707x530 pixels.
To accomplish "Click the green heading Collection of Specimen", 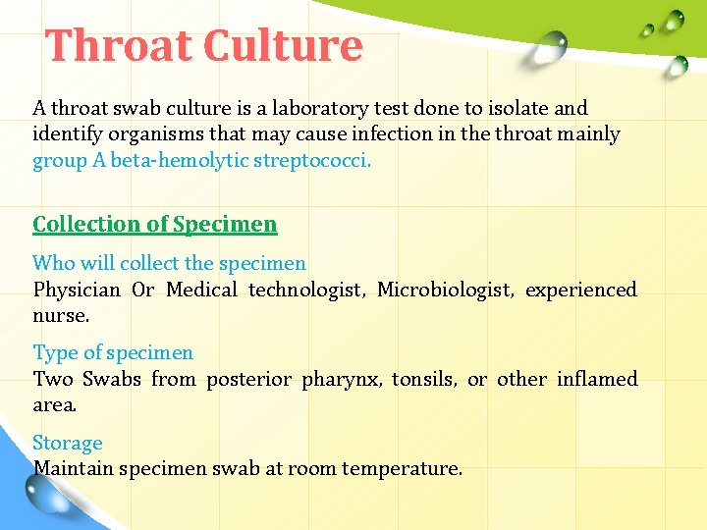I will pos(155,224).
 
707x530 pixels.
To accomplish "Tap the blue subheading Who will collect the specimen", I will pos(169,263).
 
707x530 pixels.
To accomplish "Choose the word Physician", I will pos(77,290).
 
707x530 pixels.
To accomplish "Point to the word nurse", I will pos(60,316).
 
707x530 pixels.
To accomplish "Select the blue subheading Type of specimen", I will pos(113,352).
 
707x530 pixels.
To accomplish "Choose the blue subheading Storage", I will pos(68,444).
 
